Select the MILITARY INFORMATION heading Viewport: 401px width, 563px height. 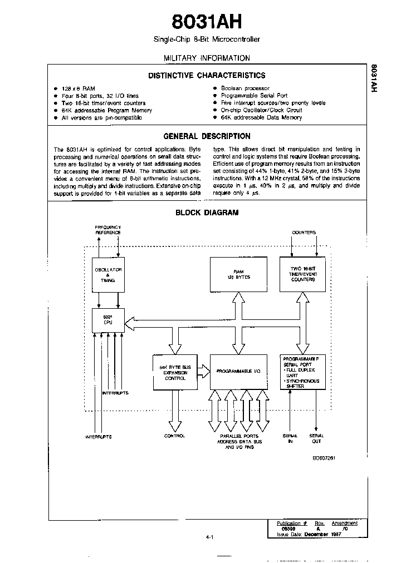tap(207, 58)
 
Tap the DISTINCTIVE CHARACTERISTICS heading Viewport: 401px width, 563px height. tap(207, 76)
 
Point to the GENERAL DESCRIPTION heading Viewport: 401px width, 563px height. tap(207, 136)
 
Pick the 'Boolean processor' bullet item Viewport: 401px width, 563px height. tap(245, 88)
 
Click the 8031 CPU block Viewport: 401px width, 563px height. tap(108, 320)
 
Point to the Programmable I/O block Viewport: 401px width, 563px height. tap(238, 371)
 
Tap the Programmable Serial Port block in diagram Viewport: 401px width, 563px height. tap(302, 371)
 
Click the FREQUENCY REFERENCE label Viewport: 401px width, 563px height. tap(108, 230)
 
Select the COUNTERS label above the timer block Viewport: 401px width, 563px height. tap(304, 232)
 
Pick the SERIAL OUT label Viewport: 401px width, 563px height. tap(316, 438)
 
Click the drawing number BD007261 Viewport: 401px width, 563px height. tap(323, 457)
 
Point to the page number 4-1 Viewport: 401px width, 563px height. tap(209, 537)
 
